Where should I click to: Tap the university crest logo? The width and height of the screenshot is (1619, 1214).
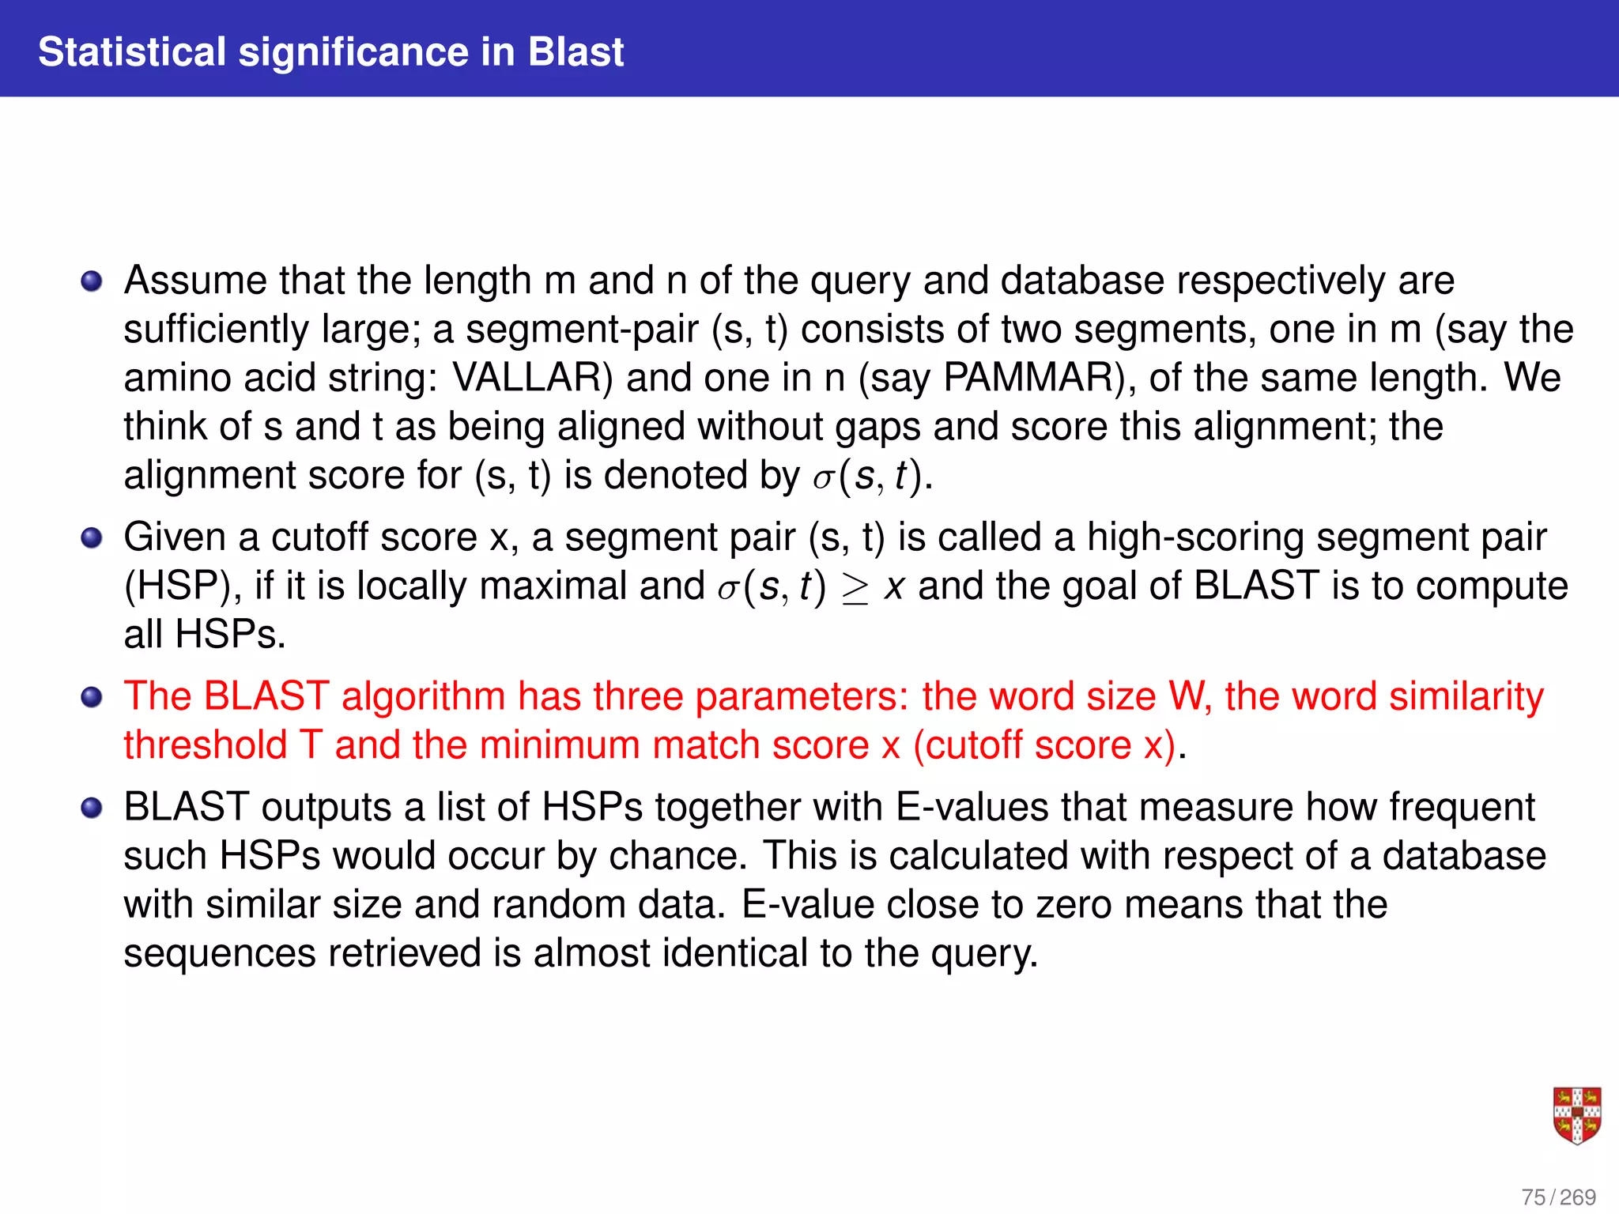click(x=1577, y=1115)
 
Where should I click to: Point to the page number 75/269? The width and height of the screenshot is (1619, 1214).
click(x=1558, y=1197)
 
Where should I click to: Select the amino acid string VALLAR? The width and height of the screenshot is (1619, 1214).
click(x=527, y=378)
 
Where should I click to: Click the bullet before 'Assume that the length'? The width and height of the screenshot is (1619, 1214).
click(x=92, y=281)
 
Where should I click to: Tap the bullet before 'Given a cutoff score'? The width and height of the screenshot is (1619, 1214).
click(x=92, y=538)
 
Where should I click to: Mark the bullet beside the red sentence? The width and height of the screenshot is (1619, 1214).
click(x=92, y=697)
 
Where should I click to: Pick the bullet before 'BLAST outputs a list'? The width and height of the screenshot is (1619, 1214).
click(x=92, y=808)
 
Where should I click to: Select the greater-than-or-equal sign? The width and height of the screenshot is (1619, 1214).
click(x=855, y=588)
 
